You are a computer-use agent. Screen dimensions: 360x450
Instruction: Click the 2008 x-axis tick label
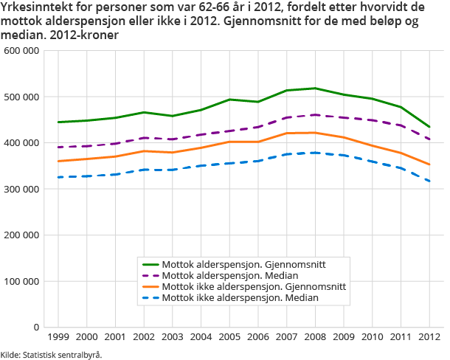coord(315,336)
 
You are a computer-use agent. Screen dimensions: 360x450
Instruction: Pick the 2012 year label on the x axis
coord(429,336)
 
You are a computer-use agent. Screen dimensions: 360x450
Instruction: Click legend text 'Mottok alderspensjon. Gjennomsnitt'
coord(244,263)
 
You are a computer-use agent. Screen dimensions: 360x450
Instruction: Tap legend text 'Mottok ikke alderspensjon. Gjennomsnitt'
coord(254,286)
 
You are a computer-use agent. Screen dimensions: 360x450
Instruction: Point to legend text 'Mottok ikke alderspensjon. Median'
coord(240,297)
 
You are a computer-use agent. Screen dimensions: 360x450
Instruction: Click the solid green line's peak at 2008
coord(315,89)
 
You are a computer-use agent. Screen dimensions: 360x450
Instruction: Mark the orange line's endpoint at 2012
coord(429,165)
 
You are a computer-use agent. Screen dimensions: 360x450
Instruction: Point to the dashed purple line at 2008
coord(315,115)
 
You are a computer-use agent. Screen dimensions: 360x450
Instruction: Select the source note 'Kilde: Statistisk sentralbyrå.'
coord(51,354)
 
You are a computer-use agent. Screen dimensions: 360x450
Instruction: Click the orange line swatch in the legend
coord(150,286)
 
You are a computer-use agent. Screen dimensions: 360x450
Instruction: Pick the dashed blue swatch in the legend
coord(150,297)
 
